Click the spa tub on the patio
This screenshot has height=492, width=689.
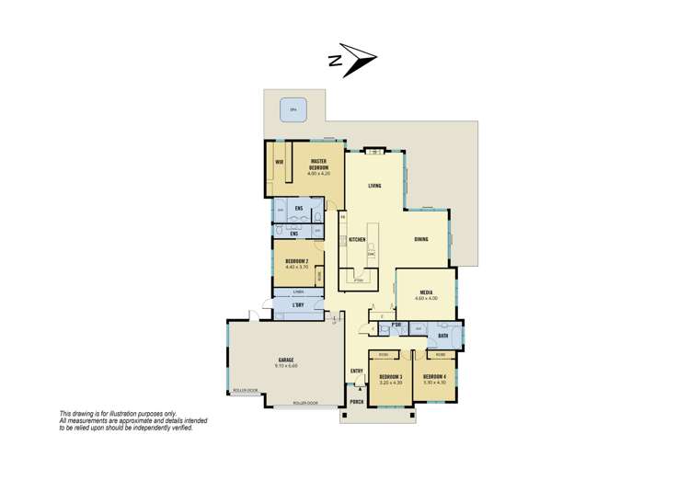tap(294, 109)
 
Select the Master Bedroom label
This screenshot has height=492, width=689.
tap(320, 165)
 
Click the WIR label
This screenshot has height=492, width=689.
tap(279, 162)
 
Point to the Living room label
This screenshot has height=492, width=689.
tap(375, 186)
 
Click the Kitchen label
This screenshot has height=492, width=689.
tap(357, 240)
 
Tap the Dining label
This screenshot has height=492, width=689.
tap(420, 239)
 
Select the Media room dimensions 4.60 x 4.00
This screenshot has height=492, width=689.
tap(427, 298)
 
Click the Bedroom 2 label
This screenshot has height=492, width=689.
tap(297, 263)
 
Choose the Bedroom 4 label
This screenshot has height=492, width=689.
tap(434, 378)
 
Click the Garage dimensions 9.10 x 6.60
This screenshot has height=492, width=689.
tap(286, 365)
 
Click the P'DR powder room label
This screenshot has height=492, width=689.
tap(396, 326)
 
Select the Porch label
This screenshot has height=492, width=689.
tap(357, 402)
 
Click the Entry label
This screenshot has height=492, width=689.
tap(357, 371)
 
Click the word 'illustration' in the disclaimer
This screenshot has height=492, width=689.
tap(135, 414)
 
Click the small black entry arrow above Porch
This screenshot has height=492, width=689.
tap(357, 390)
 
